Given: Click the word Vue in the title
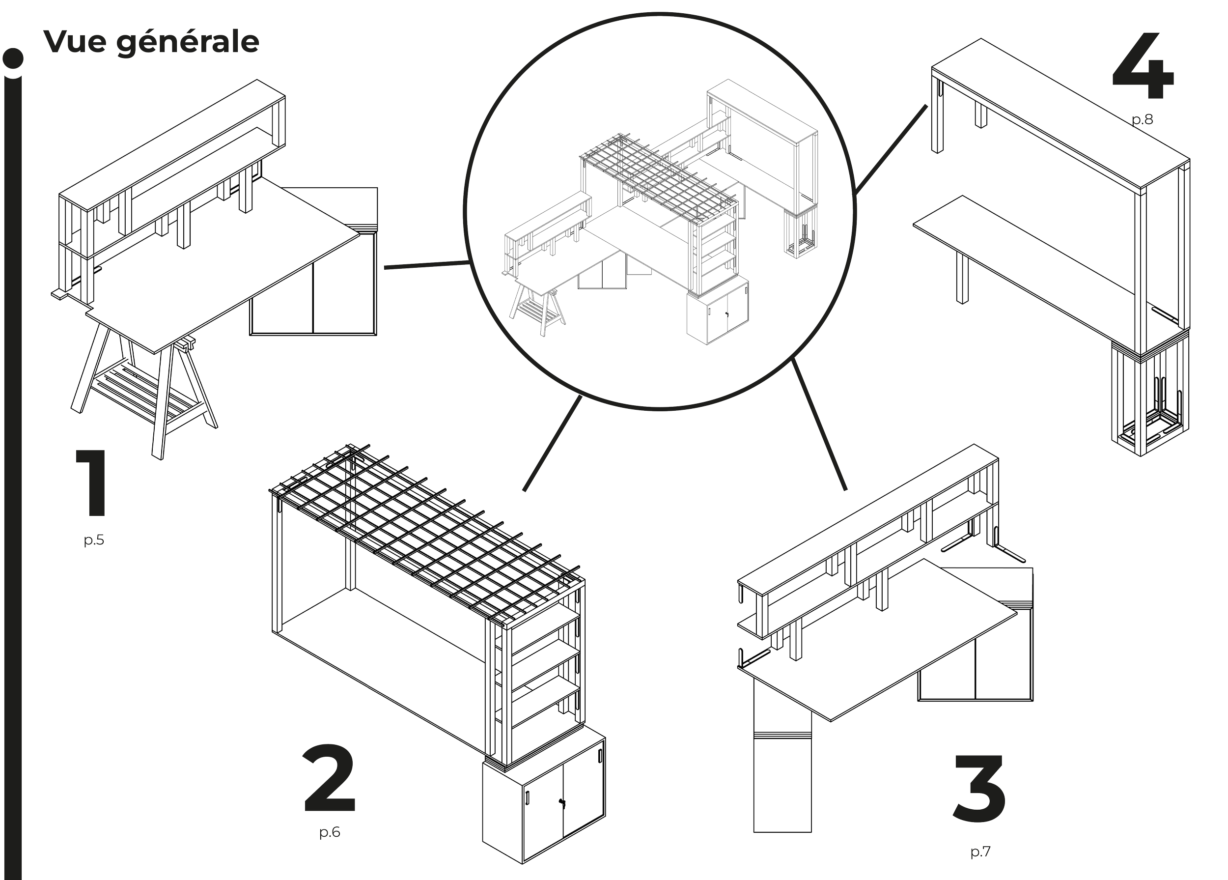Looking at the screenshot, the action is pyautogui.click(x=74, y=42).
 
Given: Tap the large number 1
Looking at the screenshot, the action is pyautogui.click(x=92, y=483).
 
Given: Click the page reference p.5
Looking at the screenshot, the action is pyautogui.click(x=94, y=540).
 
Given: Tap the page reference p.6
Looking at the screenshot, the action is pyautogui.click(x=330, y=832).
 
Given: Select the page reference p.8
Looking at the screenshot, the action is pyautogui.click(x=1143, y=120).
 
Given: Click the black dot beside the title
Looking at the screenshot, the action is pyautogui.click(x=13, y=58).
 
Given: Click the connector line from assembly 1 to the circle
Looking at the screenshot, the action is pyautogui.click(x=427, y=265).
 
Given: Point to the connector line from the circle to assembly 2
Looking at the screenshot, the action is pyautogui.click(x=552, y=444).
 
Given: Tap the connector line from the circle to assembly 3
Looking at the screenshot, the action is pyautogui.click(x=819, y=424).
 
